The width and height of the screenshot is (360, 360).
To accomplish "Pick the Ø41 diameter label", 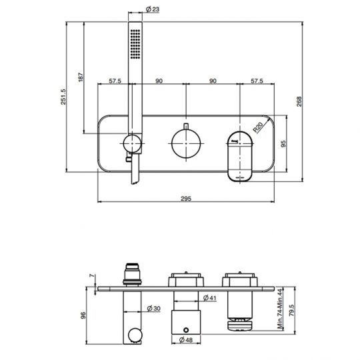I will coord(207,297).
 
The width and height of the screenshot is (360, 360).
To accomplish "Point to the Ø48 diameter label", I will coord(187,340).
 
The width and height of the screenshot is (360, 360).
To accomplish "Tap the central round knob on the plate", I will coord(184,142).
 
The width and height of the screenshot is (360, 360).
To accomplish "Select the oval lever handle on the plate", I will coord(240,154).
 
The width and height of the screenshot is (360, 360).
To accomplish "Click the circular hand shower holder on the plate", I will coord(132,143).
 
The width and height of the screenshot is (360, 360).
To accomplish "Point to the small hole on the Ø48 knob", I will coord(185,327).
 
